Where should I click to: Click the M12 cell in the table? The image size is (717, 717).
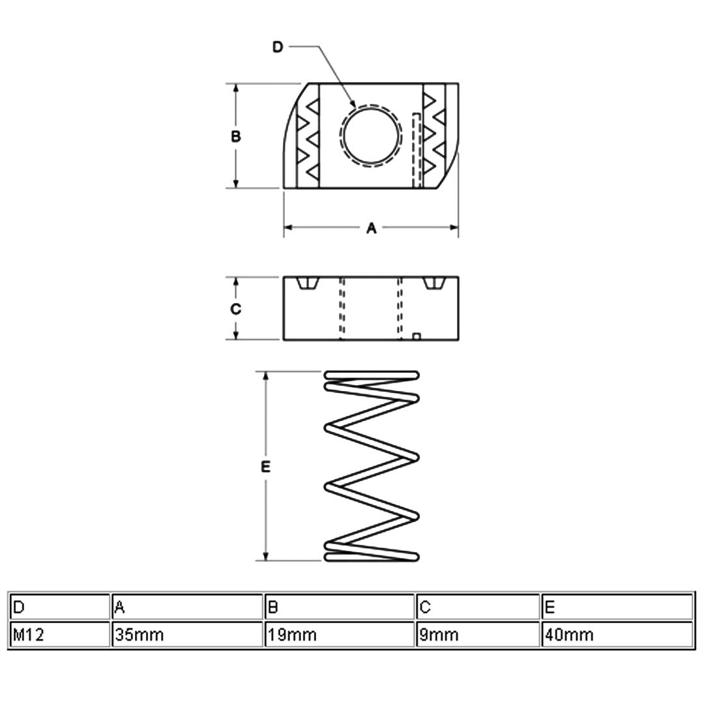(59, 634)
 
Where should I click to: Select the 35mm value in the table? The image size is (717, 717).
(187, 634)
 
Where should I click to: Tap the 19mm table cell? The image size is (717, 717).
(340, 634)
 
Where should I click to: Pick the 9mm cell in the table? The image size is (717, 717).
(478, 634)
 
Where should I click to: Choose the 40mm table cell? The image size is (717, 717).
(617, 634)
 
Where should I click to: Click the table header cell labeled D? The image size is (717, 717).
(59, 607)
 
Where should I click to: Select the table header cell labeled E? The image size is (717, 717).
(617, 607)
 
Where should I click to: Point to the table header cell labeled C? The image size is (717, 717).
(478, 607)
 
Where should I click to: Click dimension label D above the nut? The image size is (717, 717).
(278, 47)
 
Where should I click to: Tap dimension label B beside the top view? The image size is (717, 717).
(235, 136)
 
